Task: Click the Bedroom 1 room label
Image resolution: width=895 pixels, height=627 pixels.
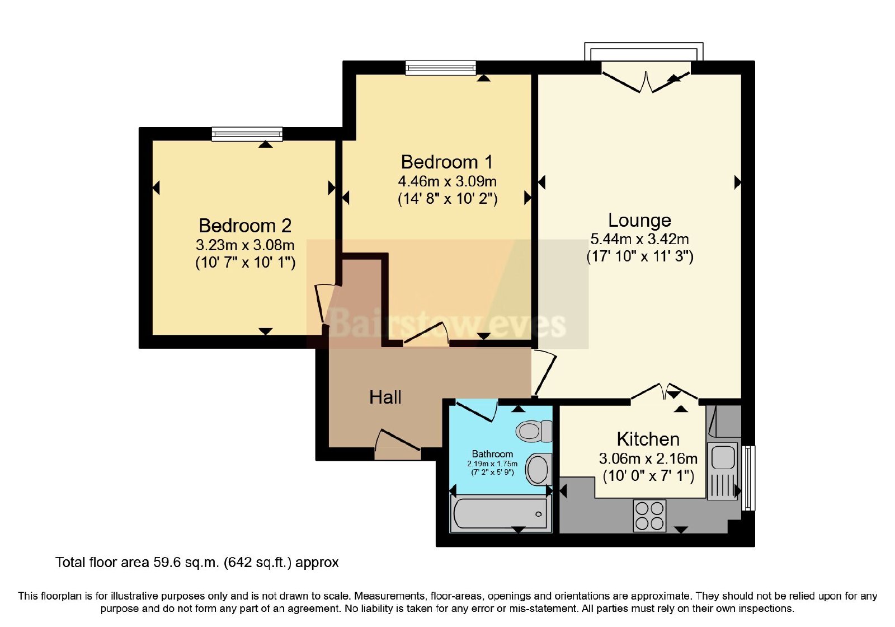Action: [x=447, y=162]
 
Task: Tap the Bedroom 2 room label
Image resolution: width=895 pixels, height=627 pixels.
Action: [x=245, y=226]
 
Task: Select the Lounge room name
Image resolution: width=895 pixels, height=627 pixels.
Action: [x=639, y=221]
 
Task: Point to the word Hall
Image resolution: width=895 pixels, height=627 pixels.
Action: [x=385, y=397]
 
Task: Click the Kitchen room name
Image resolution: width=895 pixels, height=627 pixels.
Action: [x=648, y=439]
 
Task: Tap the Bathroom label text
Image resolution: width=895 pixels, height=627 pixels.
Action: [x=492, y=454]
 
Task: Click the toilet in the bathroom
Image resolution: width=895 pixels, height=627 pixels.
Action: [x=534, y=431]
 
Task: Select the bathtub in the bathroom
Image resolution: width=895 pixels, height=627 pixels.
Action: [x=501, y=513]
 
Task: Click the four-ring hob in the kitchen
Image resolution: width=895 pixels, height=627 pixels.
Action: [x=649, y=516]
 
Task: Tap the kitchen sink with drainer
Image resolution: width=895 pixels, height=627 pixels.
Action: [x=722, y=471]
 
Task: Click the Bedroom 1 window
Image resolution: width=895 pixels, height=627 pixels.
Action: [x=441, y=68]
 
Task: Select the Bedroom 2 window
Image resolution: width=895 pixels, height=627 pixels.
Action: [x=247, y=134]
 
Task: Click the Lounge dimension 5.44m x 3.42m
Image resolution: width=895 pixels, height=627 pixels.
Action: [x=639, y=239]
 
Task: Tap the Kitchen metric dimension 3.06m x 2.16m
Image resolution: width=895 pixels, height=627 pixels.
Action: [x=648, y=458]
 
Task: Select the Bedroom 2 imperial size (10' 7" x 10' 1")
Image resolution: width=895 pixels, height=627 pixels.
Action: [x=246, y=263]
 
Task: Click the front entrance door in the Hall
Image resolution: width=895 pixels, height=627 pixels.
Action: [x=398, y=444]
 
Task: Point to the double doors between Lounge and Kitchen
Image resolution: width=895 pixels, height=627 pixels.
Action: [x=664, y=392]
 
